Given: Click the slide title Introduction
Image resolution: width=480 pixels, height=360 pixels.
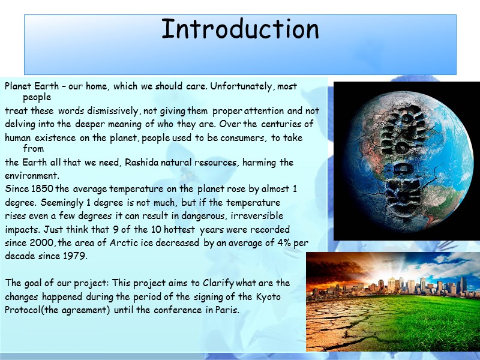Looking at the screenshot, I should pos(240,30).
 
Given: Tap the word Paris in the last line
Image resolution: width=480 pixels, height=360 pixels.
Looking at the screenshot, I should pos(227,310).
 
